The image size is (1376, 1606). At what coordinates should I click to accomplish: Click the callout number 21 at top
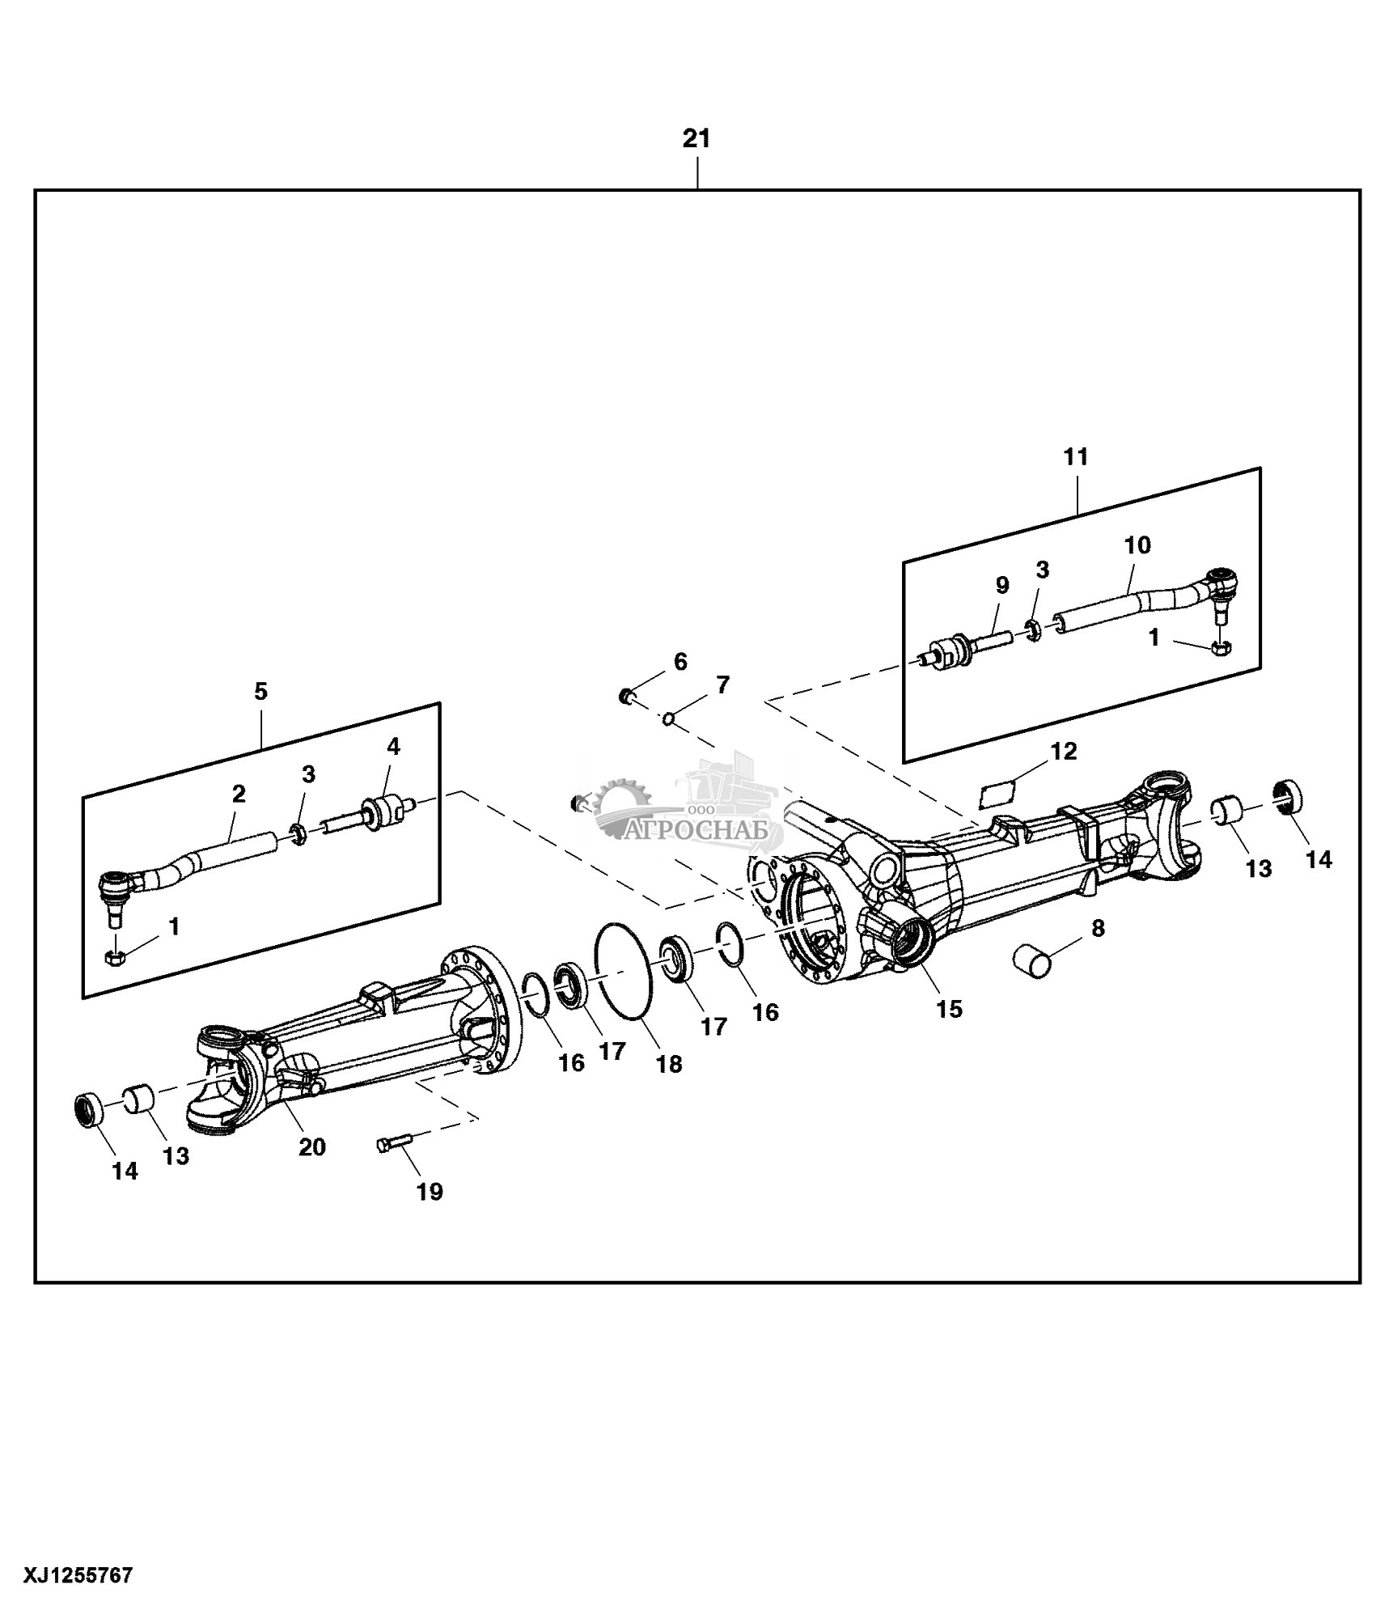point(696,139)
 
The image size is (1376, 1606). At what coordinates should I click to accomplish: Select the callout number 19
point(430,1191)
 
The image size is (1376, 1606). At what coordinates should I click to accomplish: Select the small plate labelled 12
point(997,792)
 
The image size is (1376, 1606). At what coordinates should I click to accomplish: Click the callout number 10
point(1137,545)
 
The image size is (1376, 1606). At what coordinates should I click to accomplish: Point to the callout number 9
point(1002,585)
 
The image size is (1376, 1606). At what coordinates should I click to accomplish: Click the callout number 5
point(260,692)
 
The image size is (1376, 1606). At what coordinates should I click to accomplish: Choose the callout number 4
point(393,746)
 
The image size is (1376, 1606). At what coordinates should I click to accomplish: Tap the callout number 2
point(239,792)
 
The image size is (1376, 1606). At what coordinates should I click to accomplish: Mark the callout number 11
point(1076,457)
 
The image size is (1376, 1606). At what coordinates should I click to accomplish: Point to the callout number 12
point(1064,751)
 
